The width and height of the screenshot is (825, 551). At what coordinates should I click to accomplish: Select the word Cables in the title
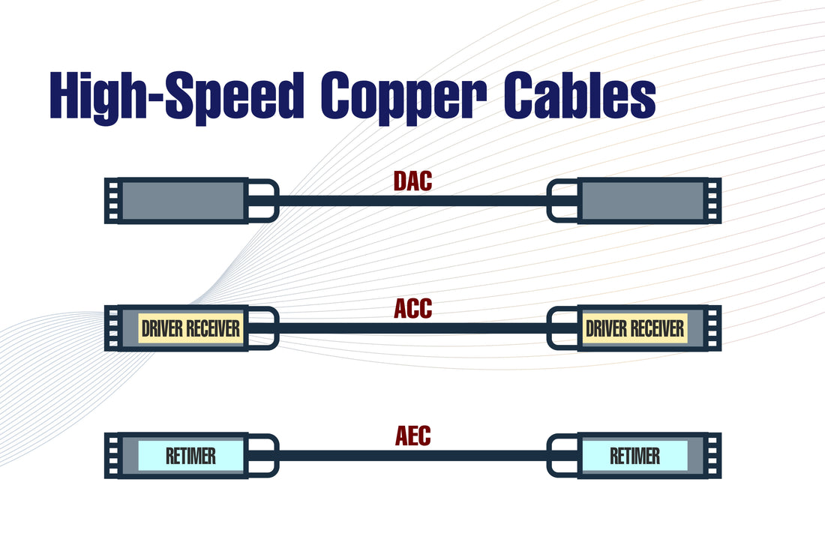coord(578,96)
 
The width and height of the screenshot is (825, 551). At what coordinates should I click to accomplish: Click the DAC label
coord(412,182)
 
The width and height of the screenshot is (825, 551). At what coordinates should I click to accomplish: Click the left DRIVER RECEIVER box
coord(190,328)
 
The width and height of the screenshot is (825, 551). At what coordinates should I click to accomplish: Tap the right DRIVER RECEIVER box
coord(634,328)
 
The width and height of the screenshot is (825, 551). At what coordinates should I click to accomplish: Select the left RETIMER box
coord(190,456)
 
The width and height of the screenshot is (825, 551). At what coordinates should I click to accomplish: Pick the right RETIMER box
coord(634,456)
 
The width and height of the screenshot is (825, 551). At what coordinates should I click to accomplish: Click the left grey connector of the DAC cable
coord(183,201)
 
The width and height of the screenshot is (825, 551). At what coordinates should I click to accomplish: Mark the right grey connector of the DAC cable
coord(642,201)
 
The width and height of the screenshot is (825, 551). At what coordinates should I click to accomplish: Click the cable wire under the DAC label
coord(412,201)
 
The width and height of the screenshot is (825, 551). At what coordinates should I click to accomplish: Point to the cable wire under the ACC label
coord(412,328)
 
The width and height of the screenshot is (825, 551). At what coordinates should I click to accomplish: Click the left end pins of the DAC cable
coord(112,201)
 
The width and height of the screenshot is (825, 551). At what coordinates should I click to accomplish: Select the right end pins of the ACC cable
coord(713,328)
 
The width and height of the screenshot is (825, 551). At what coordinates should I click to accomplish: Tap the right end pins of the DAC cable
coord(713,201)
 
